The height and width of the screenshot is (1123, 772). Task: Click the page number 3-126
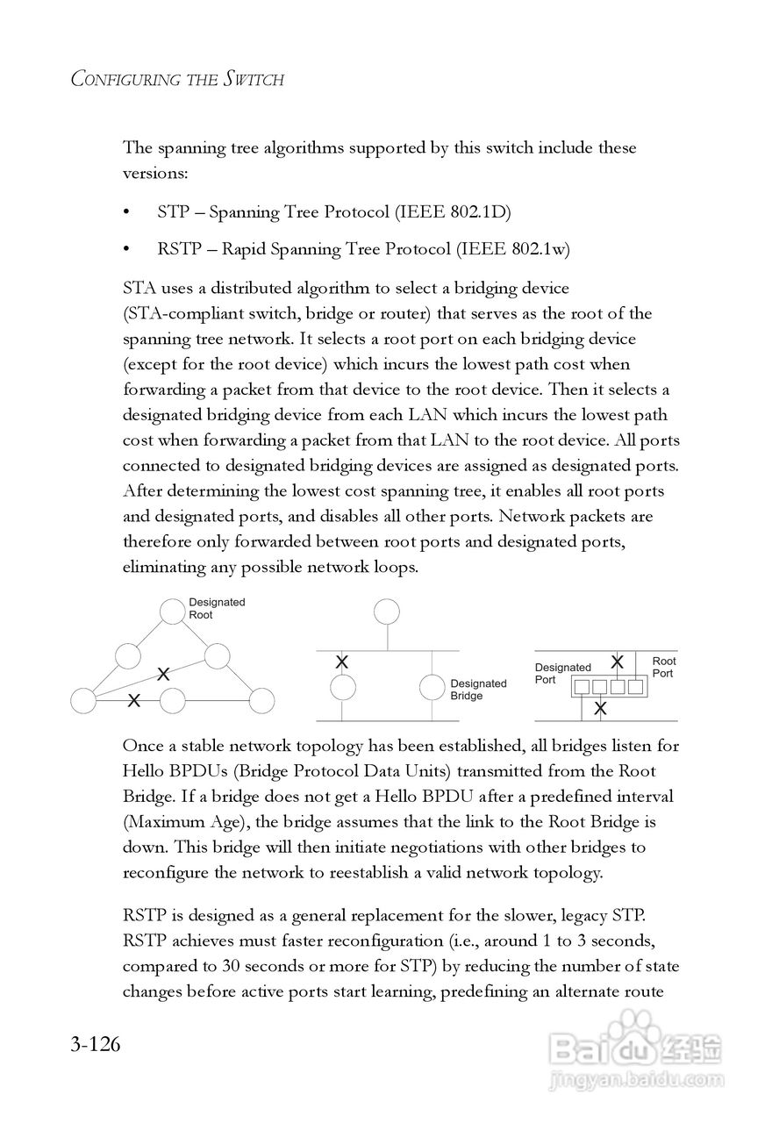click(96, 1046)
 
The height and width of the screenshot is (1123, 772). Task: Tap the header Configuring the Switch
click(177, 80)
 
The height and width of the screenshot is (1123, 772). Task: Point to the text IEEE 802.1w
click(512, 249)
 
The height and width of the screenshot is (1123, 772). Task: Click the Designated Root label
click(217, 608)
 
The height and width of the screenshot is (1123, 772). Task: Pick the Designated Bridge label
click(478, 690)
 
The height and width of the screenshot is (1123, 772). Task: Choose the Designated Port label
click(562, 674)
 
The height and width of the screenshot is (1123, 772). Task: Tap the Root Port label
click(663, 667)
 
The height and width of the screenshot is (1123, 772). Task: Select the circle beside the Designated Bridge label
click(432, 687)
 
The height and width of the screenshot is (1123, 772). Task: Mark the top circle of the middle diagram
click(386, 612)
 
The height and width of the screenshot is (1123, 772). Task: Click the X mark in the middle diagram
click(342, 662)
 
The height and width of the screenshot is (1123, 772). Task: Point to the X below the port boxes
click(600, 707)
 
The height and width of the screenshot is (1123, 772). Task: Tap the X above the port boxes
click(618, 662)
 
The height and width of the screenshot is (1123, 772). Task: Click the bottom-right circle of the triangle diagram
click(261, 701)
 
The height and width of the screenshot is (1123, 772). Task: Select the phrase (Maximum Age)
click(170, 822)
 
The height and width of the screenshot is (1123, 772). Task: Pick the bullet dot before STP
click(127, 212)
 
